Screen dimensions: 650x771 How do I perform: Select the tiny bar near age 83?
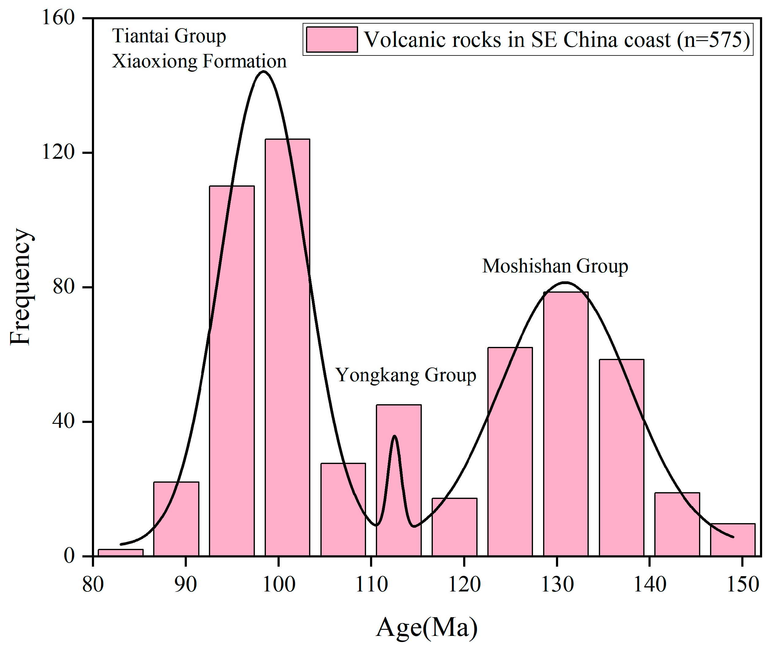click(120, 552)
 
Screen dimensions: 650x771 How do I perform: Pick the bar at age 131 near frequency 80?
click(566, 424)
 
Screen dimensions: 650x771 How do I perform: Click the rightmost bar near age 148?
click(733, 539)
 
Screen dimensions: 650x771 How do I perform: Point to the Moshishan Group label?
click(555, 266)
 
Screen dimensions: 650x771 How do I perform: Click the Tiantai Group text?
click(169, 36)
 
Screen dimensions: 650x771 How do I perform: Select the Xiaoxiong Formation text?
click(199, 61)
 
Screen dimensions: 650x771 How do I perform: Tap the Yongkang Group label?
click(406, 375)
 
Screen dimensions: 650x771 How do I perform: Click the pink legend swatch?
click(331, 40)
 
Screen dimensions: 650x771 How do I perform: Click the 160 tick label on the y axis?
click(58, 17)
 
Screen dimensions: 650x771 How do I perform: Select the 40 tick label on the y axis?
click(63, 421)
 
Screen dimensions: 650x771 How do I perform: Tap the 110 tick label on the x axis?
click(371, 584)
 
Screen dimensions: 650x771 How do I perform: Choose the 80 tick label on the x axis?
click(93, 584)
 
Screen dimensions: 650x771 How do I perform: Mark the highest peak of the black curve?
click(263, 71)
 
